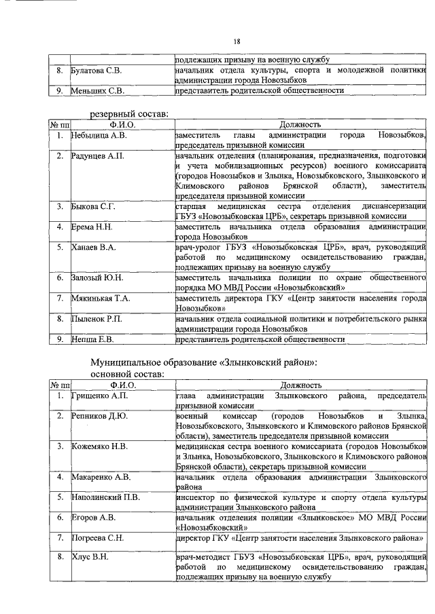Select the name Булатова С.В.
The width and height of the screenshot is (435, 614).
(97, 71)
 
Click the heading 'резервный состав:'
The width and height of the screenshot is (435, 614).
(130, 114)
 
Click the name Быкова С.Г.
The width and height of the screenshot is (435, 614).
(94, 206)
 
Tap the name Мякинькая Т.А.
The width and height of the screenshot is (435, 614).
(101, 298)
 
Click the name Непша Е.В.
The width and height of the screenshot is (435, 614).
(93, 339)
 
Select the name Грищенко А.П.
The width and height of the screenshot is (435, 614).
(99, 396)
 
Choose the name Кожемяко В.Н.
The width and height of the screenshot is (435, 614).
(100, 446)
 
